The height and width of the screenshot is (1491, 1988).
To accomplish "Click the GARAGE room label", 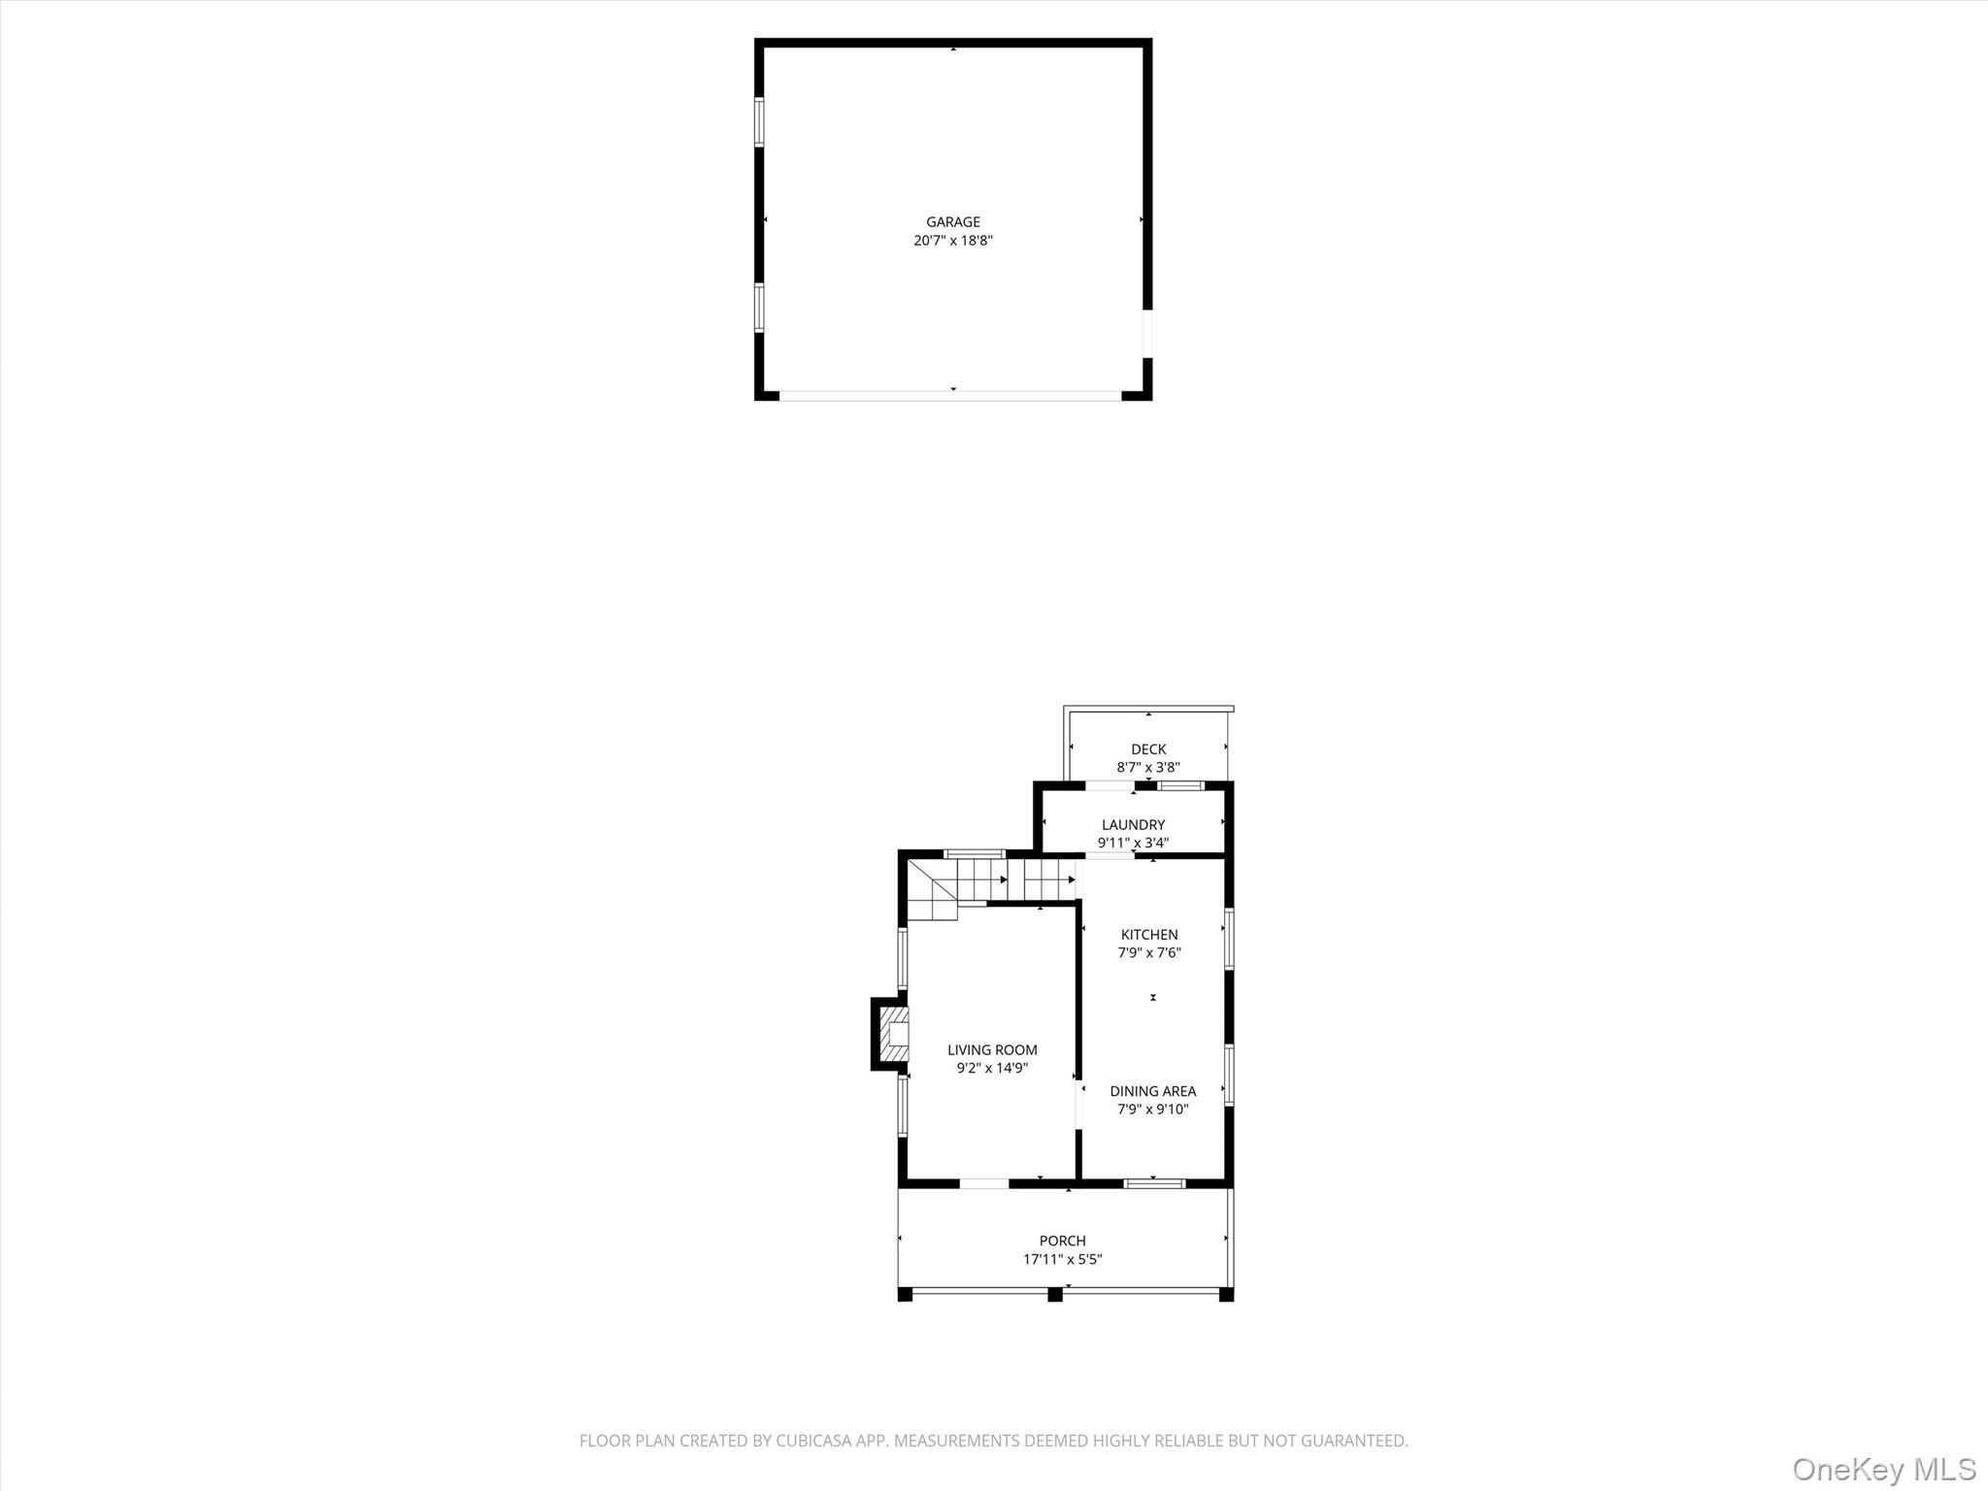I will click(952, 222).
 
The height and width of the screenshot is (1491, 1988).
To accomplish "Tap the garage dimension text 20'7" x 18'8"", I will click(952, 241).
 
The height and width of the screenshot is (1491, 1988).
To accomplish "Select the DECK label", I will click(1148, 749).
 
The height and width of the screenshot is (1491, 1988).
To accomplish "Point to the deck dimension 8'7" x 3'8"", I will click(1148, 767).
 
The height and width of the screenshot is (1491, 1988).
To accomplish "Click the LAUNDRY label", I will click(1133, 825).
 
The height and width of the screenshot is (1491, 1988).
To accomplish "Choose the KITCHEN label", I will click(1149, 935).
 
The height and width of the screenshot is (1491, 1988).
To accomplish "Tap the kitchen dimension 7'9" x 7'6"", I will click(1149, 953).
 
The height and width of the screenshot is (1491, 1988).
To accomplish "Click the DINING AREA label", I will click(1152, 1091).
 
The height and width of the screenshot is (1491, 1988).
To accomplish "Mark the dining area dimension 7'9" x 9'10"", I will click(1152, 1110).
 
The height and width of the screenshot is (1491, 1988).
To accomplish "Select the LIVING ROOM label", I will click(992, 1050).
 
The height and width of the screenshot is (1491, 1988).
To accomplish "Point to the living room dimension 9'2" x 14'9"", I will click(992, 1069).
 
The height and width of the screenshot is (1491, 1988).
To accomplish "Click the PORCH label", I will click(1062, 1241).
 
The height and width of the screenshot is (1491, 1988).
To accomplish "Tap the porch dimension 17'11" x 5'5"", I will click(1062, 1260).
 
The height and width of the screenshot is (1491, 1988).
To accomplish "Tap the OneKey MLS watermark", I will click(1884, 1468).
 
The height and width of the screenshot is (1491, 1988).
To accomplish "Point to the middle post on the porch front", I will click(1055, 1294).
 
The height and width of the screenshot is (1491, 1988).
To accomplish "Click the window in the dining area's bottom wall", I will click(1154, 1183).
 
